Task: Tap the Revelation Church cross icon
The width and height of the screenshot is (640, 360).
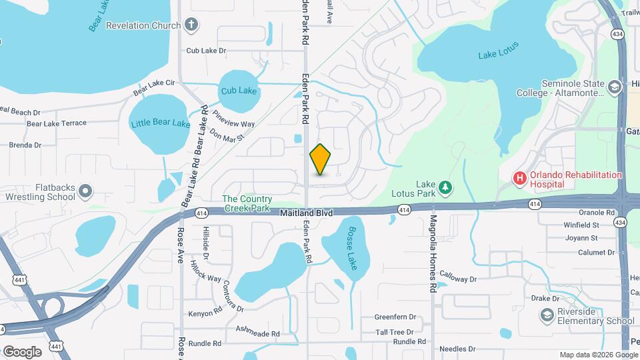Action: [192, 26]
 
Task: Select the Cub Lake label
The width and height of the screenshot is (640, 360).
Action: [239, 91]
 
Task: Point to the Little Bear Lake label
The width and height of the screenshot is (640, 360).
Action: [161, 123]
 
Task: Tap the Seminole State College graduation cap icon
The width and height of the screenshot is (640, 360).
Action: [614, 86]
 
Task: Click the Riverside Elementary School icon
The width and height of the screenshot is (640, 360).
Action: [547, 316]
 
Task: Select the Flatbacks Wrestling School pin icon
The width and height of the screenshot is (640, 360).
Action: [85, 192]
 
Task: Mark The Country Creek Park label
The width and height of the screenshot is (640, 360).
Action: [247, 203]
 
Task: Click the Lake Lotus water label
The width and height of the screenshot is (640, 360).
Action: [498, 51]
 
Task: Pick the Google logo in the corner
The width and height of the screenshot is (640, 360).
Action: [22, 351]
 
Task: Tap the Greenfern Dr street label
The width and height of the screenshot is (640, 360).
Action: [395, 317]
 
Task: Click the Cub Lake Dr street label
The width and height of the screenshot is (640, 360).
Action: [207, 50]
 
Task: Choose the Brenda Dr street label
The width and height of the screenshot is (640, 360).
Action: [25, 145]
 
